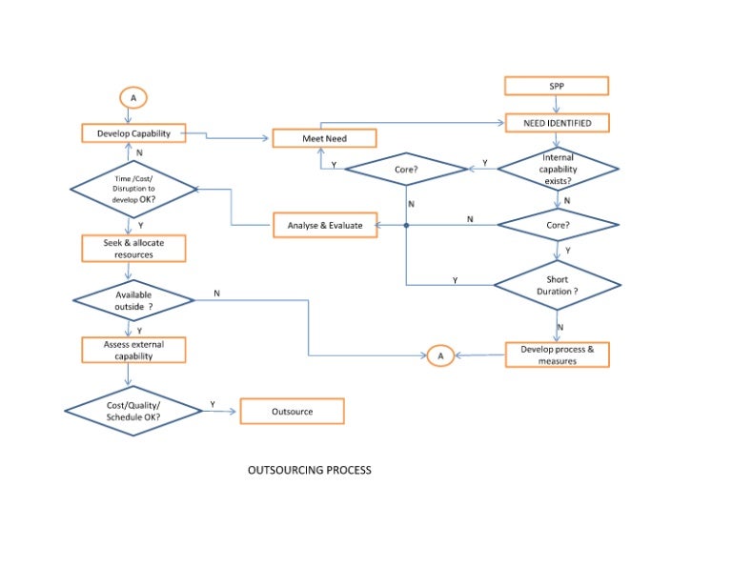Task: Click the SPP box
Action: click(x=557, y=87)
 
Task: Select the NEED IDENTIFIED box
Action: click(x=557, y=124)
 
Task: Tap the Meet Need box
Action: click(x=324, y=138)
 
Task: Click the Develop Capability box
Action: click(x=133, y=133)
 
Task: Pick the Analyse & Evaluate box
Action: click(x=324, y=226)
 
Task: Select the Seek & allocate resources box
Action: click(x=132, y=249)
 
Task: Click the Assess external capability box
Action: click(x=132, y=350)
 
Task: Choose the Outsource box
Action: click(x=292, y=412)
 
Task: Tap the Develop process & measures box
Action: click(x=557, y=355)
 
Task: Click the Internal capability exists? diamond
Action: click(x=557, y=169)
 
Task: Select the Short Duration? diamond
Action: click(x=557, y=285)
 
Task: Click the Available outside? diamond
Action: click(x=133, y=300)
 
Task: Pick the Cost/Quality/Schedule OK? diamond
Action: click(x=133, y=412)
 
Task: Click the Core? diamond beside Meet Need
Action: click(x=405, y=170)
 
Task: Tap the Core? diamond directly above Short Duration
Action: click(x=557, y=226)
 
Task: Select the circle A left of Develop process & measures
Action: click(x=439, y=355)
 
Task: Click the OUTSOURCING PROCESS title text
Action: click(x=310, y=470)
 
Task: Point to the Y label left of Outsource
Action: click(x=213, y=405)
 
